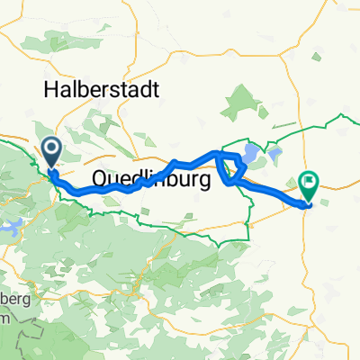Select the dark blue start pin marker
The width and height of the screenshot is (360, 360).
50,149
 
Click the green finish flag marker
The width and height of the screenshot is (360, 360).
309,185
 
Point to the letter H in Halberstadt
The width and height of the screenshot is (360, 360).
49,89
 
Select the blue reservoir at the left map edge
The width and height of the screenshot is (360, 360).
16,228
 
